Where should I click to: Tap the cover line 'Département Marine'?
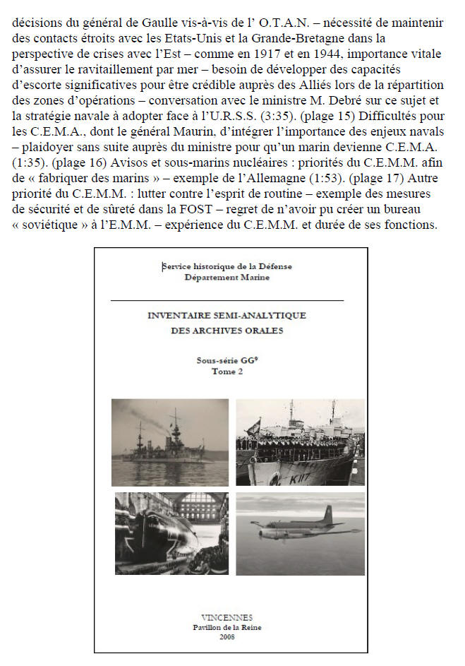point(227,278)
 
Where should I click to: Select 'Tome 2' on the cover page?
point(227,372)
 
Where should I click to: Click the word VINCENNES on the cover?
point(227,617)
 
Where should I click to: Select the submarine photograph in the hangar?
point(171,533)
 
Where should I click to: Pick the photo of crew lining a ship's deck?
point(299,441)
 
